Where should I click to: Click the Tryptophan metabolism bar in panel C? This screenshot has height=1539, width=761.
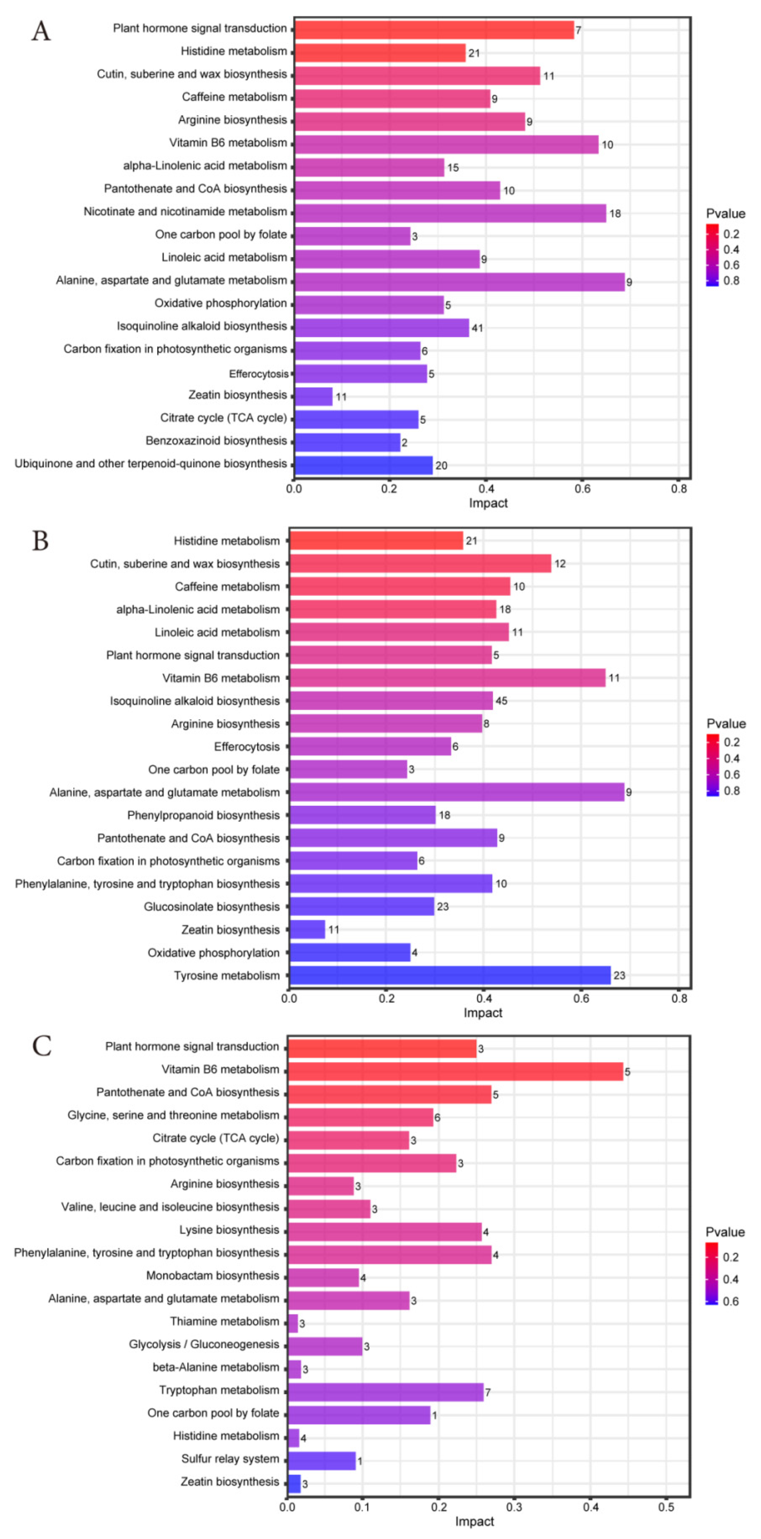pyautogui.click(x=385, y=1391)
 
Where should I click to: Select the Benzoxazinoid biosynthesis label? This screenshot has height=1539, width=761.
pyautogui.click(x=216, y=441)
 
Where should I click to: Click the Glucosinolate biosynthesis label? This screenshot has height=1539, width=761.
pyautogui.click(x=212, y=906)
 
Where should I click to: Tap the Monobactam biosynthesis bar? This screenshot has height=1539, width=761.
pyautogui.click(x=323, y=1277)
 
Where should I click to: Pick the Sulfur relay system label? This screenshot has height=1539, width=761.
pyautogui.click(x=230, y=1458)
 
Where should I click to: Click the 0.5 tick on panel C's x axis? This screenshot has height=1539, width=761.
pyautogui.click(x=666, y=1507)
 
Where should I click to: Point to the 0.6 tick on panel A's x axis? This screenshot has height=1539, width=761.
pyautogui.click(x=582, y=489)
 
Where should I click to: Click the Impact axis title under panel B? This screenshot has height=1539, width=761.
pyautogui.click(x=483, y=1013)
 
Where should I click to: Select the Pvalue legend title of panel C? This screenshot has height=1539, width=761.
pyautogui.click(x=725, y=1232)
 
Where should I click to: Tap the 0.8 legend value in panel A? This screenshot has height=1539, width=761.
pyautogui.click(x=731, y=281)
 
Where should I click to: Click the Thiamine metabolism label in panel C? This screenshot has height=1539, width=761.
pyautogui.click(x=224, y=1321)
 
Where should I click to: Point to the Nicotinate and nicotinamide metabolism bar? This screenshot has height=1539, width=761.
pyautogui.click(x=450, y=213)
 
